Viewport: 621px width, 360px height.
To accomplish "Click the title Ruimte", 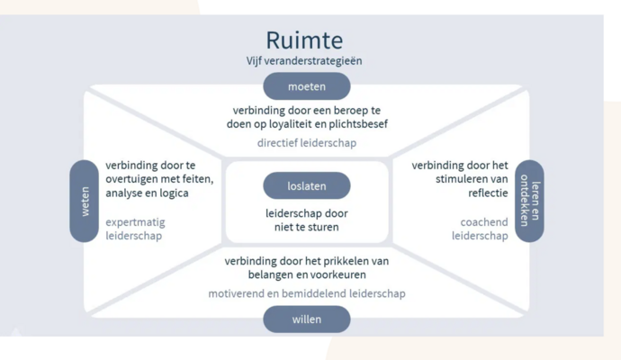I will [304, 40].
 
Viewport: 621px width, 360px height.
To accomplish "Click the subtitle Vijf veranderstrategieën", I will [304, 61].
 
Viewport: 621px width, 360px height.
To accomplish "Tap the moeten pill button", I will [307, 87].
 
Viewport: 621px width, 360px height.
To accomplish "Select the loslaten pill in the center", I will [307, 186].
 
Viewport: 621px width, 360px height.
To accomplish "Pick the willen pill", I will [307, 319].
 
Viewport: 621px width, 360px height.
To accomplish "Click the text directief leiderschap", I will [306, 142].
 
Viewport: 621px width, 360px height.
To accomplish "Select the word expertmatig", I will [136, 221].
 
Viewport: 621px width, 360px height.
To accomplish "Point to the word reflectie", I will [487, 193].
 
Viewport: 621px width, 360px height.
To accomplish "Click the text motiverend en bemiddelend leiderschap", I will [307, 293].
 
